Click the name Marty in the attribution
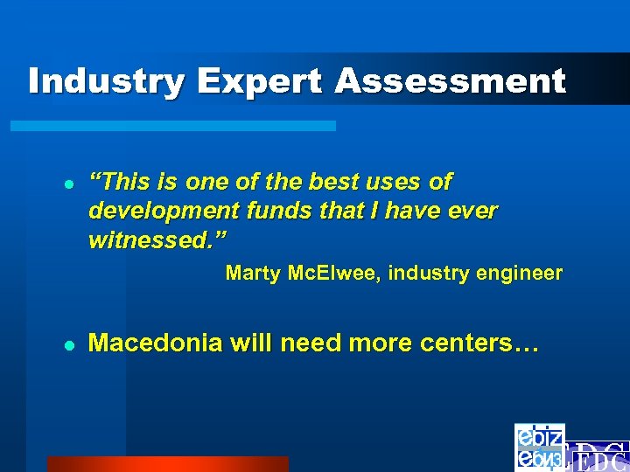(252, 273)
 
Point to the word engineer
(521, 273)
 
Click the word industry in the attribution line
(430, 273)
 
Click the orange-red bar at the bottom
(167, 463)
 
